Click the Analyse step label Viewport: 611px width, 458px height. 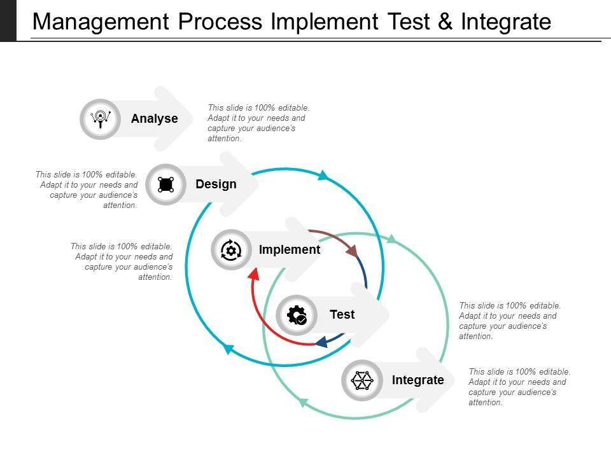[154, 119]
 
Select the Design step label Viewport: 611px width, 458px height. [216, 184]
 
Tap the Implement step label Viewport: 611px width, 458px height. [289, 250]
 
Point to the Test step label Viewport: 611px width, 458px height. [342, 315]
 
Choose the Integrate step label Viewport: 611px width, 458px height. [418, 380]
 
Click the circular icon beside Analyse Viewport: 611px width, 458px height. [101, 119]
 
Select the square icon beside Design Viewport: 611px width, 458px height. [165, 184]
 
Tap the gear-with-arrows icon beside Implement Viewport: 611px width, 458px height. [230, 250]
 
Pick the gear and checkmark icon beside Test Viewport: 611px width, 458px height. [297, 315]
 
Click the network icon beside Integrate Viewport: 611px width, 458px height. [362, 380]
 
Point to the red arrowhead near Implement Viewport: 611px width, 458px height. [253, 273]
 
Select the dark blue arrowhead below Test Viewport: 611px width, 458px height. [322, 342]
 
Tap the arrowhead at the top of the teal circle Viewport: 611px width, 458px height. [323, 175]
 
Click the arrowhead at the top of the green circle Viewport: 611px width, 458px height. [392, 239]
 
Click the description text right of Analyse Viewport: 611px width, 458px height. [258, 123]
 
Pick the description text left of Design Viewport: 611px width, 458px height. [87, 190]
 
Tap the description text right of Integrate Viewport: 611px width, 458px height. [519, 387]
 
